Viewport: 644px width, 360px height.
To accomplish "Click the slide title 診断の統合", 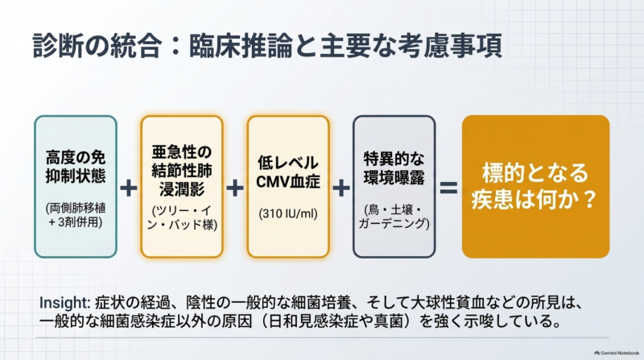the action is pos(96,45).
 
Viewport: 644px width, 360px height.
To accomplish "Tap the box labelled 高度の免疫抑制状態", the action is pos(76,187).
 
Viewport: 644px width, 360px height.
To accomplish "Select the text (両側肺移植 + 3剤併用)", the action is pos(76,215).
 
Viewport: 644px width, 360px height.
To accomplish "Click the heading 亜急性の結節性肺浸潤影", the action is pos(182,171).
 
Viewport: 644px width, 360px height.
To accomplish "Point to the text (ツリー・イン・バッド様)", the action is pos(182,217).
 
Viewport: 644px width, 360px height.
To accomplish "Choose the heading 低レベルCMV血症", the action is pos(288,172).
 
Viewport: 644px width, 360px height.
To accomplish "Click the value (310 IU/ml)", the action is pos(288,213).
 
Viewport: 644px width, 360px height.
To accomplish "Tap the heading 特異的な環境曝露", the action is pos(394,168).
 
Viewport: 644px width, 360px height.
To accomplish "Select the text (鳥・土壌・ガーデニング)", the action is pos(394,217).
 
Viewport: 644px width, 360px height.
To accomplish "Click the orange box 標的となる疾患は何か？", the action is pos(535,187).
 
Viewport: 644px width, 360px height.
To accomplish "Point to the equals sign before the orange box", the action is pos(448,188).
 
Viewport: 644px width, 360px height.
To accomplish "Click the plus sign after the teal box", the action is pos(129,188).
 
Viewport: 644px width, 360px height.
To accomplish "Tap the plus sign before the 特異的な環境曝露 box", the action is pos(341,188).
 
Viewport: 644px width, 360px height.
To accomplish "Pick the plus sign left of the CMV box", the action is pos(235,188).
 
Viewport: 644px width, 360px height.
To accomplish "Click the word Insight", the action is pos(64,303).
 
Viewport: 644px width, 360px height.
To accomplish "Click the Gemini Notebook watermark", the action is pos(617,353).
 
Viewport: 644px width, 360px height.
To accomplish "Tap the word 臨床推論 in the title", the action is pos(241,45).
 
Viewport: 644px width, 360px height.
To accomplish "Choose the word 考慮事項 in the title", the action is pos(450,45).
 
